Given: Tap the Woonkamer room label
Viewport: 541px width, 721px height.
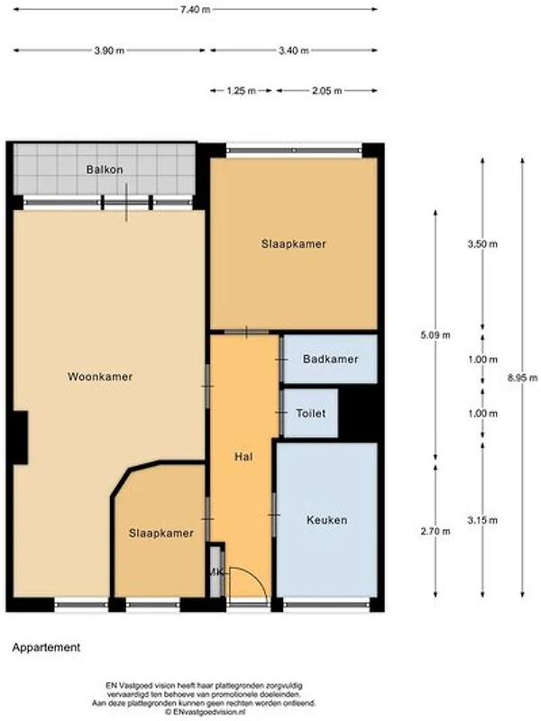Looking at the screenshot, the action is [x=100, y=377].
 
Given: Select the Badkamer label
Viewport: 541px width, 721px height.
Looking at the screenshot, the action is [x=330, y=359].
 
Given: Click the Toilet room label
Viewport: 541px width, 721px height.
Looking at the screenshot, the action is [x=311, y=414].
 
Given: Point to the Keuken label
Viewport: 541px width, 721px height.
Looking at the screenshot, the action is [x=326, y=520].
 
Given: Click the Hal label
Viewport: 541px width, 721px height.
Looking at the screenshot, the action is [x=243, y=457].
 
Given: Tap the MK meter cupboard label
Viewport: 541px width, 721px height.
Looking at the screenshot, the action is [x=215, y=572].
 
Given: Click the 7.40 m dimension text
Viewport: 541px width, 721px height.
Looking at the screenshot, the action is [x=196, y=10].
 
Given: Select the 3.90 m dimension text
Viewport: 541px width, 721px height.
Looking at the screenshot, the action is [x=109, y=50].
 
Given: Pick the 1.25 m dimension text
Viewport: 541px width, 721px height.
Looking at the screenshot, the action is [x=241, y=91].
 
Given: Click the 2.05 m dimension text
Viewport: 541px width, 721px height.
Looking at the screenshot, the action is [x=326, y=91].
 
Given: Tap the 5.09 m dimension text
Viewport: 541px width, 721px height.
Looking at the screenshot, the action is [x=436, y=335].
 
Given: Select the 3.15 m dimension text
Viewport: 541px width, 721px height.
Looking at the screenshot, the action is [x=482, y=521].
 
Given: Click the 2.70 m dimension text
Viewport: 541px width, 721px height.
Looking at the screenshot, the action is [x=436, y=532].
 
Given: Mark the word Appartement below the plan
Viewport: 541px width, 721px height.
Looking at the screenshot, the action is [x=46, y=647].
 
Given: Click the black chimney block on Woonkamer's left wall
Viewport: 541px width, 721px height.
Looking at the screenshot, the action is [x=20, y=437].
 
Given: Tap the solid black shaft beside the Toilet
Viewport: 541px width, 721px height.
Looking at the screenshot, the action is [x=358, y=413].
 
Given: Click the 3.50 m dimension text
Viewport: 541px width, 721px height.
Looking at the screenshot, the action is [x=482, y=244].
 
